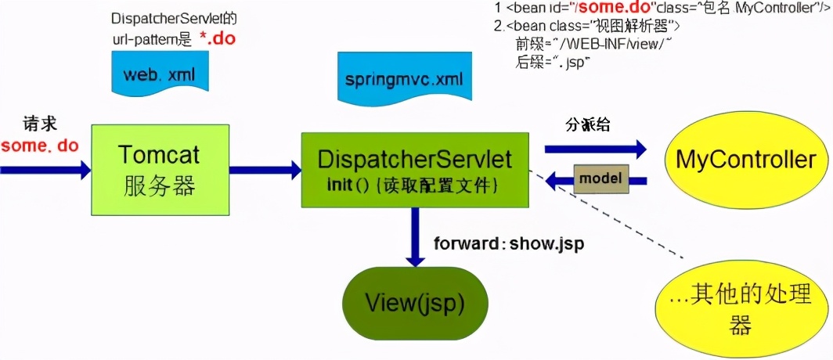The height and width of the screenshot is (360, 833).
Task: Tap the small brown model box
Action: tap(600, 178)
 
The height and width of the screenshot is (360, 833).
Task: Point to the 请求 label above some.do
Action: tap(39, 125)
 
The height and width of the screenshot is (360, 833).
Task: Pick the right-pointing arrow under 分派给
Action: tap(595, 149)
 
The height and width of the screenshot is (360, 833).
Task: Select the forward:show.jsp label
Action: tap(509, 243)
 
